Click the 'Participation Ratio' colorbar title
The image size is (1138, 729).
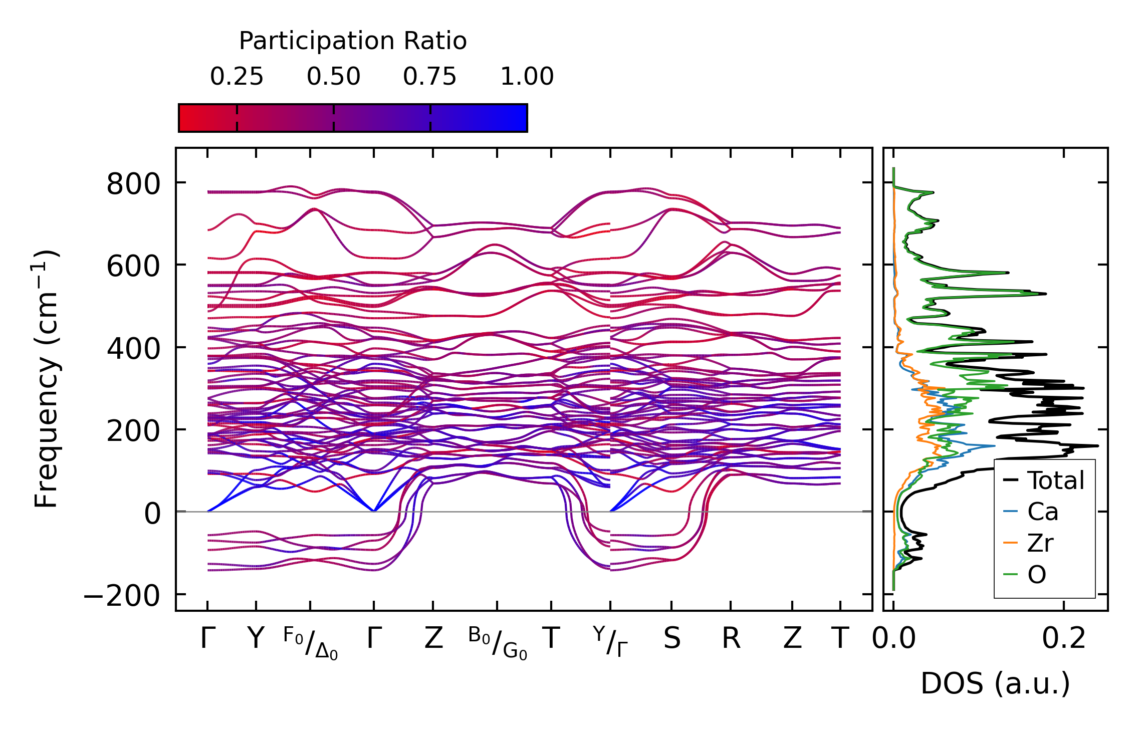tap(352, 41)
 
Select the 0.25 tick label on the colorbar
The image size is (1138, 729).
tap(236, 77)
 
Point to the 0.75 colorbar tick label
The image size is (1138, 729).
tap(429, 77)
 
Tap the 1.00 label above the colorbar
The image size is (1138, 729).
tap(527, 77)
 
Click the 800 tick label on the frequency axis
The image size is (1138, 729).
tap(133, 184)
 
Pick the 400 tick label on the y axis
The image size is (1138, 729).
tap(133, 348)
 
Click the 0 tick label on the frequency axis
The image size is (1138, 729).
tap(152, 514)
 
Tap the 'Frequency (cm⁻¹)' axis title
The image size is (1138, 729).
tap(46, 379)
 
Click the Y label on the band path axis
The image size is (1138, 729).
tap(256, 639)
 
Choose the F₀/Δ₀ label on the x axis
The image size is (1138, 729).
tap(311, 643)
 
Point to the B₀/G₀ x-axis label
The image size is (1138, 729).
tap(498, 643)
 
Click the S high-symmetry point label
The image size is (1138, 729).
tap(672, 639)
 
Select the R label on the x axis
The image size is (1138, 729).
tap(731, 639)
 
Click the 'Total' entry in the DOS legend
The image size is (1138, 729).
tap(1055, 480)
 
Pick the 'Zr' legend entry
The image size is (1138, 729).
tap(1040, 543)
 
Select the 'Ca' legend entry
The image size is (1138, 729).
tap(1043, 512)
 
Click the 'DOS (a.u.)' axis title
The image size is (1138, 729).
tap(995, 684)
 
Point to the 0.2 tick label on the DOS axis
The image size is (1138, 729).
tap(1063, 639)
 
